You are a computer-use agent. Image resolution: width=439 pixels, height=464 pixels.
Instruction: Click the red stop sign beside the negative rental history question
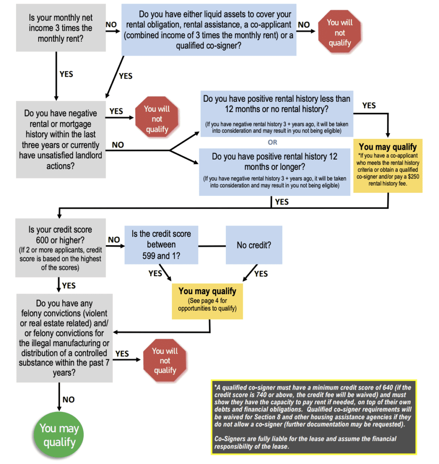(157, 119)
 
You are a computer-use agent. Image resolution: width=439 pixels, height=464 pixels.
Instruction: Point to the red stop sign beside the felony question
(165, 360)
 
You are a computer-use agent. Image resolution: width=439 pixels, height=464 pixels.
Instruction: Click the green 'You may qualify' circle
(59, 435)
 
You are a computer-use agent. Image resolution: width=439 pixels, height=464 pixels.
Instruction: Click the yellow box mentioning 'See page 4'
(207, 300)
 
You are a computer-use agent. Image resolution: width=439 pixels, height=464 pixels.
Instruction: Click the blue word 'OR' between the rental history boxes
(272, 142)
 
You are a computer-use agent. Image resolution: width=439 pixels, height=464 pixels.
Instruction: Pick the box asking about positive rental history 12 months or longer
(275, 170)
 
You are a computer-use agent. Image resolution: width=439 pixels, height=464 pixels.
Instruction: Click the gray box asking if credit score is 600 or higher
(60, 247)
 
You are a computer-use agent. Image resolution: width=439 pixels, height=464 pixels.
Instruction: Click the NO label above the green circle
(69, 399)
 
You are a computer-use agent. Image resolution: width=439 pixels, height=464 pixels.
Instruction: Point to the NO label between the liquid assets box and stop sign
(304, 25)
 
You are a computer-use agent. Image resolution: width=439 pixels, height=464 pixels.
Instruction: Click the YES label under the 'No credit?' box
(261, 273)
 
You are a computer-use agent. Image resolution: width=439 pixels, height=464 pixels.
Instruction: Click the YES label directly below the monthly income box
(66, 74)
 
